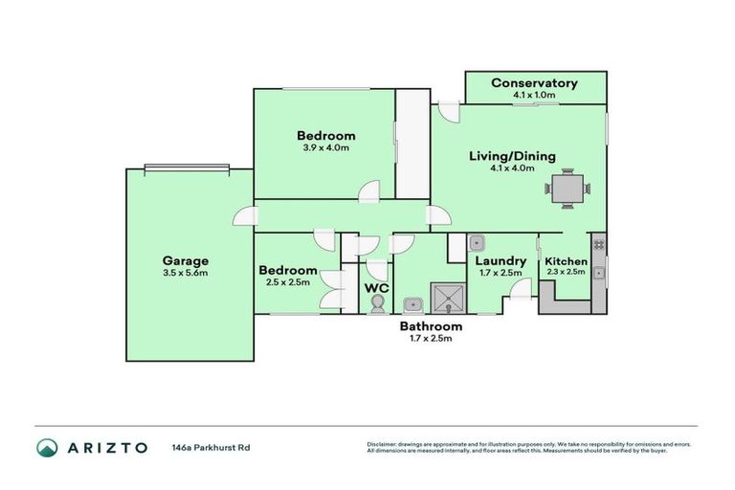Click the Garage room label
186,260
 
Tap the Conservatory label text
534,83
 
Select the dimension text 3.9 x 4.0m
325,148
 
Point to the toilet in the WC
377,302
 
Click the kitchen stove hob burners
598,244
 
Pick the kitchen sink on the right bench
598,274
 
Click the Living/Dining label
511,157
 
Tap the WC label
376,285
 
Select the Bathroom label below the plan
424,326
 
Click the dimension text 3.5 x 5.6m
186,273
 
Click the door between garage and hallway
243,217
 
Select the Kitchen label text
565,261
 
